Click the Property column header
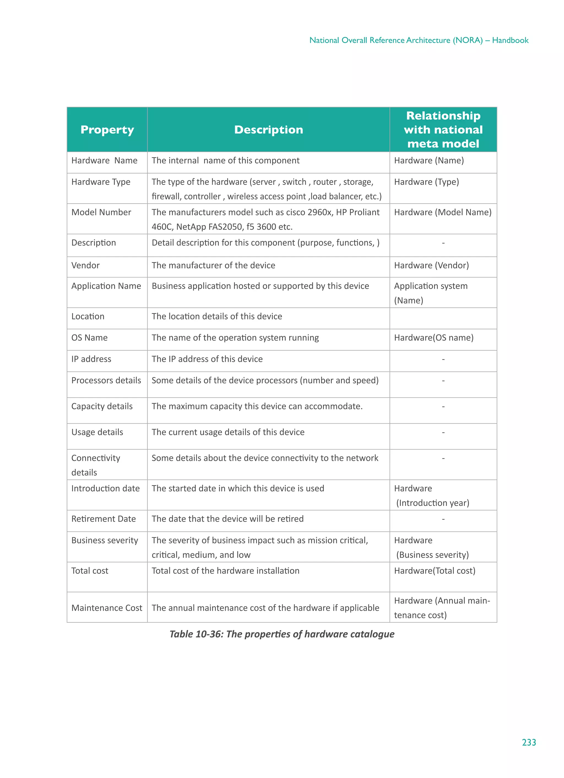point(107,130)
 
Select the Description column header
point(268,130)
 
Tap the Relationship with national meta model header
point(443,130)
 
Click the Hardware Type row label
point(101,182)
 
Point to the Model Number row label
point(101,212)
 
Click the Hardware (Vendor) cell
point(431,265)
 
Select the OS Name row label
point(89,338)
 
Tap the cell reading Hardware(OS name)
point(433,338)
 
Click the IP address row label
point(91,359)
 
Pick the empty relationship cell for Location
point(443,318)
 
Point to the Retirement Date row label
point(104,519)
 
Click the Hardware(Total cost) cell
point(434,570)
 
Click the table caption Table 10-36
point(281,634)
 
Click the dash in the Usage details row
point(443,432)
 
